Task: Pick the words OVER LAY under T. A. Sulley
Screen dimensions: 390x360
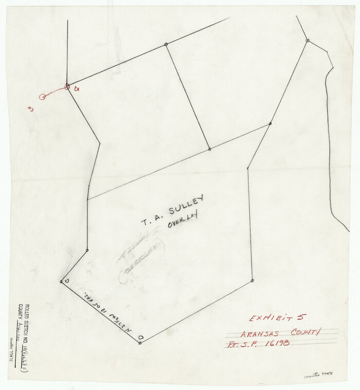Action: pyautogui.click(x=182, y=220)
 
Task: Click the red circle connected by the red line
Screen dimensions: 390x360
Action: pyautogui.click(x=42, y=96)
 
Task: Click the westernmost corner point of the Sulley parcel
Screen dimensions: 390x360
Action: pyautogui.click(x=61, y=281)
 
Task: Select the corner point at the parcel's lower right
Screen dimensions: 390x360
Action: pyautogui.click(x=252, y=280)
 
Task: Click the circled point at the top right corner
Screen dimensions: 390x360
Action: pyautogui.click(x=307, y=40)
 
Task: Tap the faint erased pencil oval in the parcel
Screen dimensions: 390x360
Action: pyautogui.click(x=141, y=263)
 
